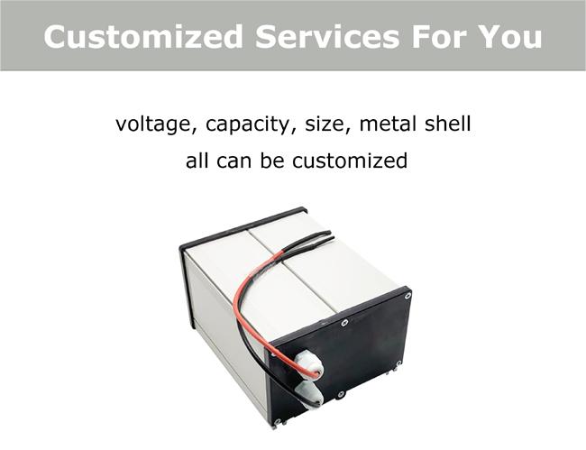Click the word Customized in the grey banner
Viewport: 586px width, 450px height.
[143, 36]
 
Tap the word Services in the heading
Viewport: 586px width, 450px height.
[327, 36]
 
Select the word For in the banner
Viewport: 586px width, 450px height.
[435, 36]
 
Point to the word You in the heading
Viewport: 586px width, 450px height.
[506, 36]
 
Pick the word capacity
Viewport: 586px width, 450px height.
[248, 125]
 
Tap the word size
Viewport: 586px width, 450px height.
[327, 124]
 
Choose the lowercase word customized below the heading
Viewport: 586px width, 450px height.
[350, 161]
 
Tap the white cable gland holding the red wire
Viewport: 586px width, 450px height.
[307, 365]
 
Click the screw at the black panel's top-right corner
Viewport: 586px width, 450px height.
[407, 296]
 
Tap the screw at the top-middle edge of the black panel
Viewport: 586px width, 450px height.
[344, 322]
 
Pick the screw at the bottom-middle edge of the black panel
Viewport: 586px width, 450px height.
[341, 394]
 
